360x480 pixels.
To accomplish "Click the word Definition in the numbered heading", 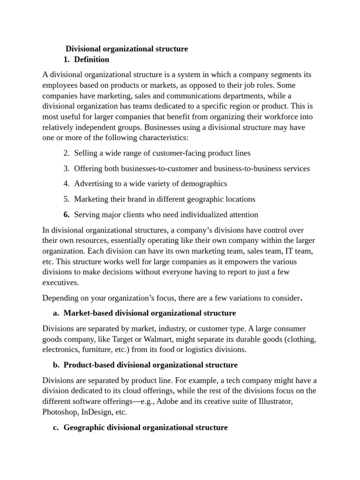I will coord(92,60).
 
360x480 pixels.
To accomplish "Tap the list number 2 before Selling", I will coord(66,153).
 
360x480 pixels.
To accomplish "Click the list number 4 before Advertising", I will coord(66,184).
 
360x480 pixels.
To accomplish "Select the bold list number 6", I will coord(66,215).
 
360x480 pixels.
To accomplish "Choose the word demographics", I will coord(204,184).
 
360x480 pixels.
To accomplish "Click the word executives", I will coord(61,283).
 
